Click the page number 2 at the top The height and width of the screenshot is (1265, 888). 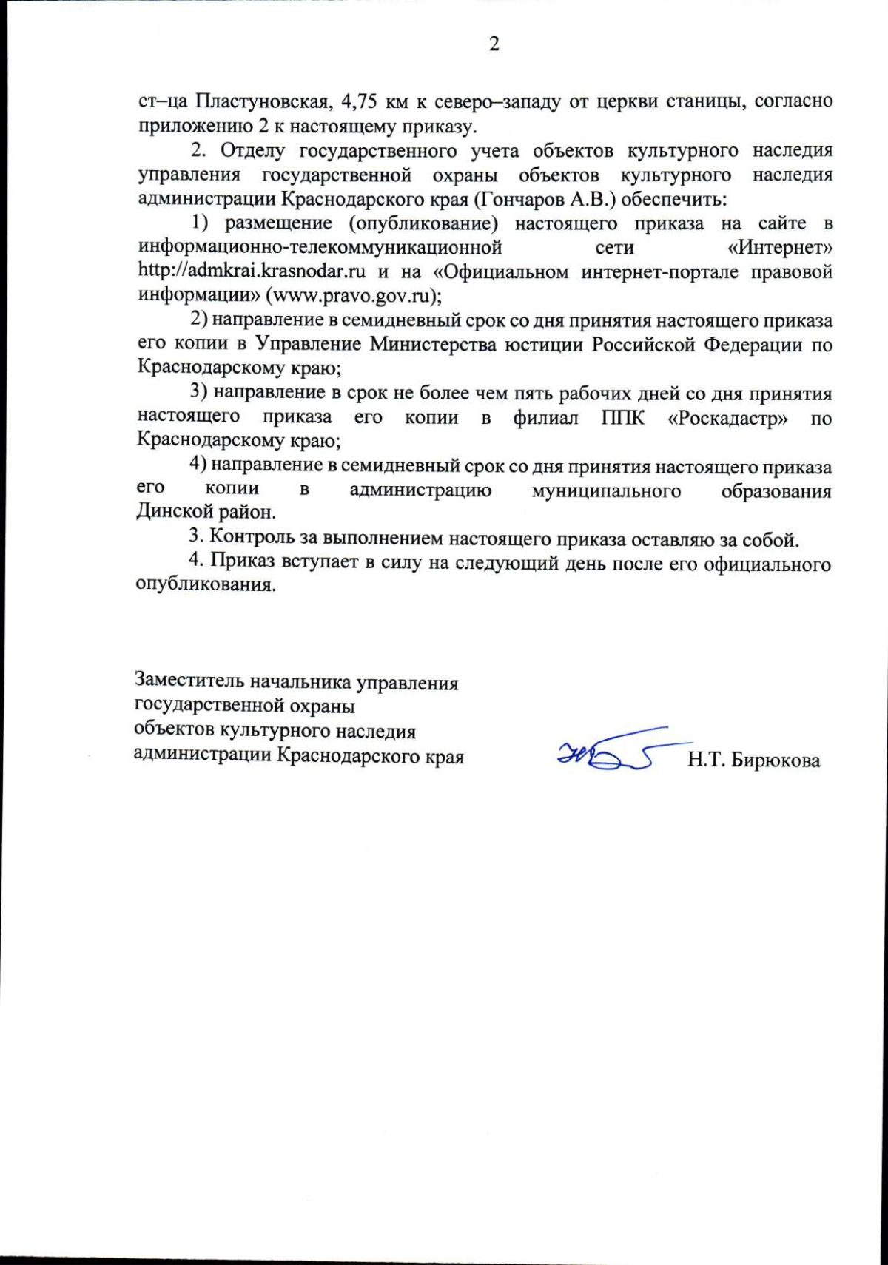(x=494, y=44)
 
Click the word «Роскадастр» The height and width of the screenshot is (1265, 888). (x=727, y=418)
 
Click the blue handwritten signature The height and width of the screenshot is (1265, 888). (x=608, y=754)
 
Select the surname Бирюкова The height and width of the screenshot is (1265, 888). (x=776, y=760)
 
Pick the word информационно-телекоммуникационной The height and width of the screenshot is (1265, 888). (x=320, y=246)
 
